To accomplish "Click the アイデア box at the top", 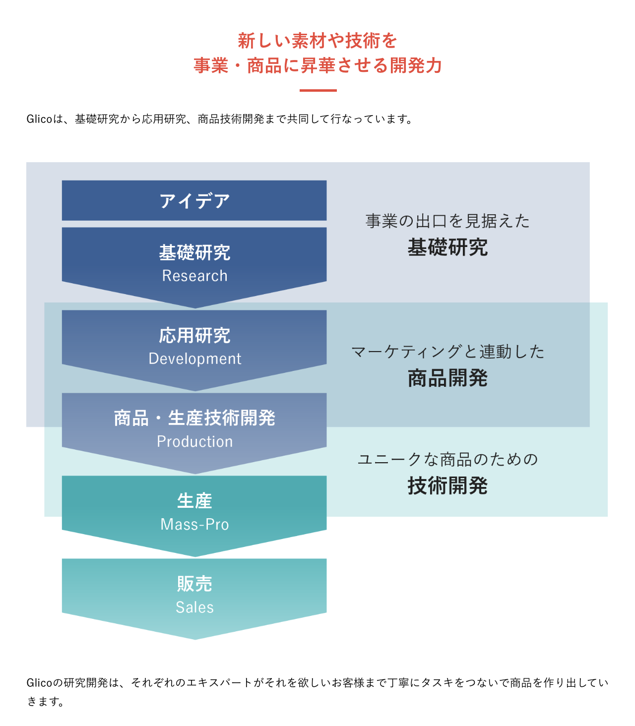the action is (194, 200).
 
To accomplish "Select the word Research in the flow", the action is (194, 276).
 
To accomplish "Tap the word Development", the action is (194, 359).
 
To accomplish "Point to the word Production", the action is (194, 441).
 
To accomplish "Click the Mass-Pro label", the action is (194, 524).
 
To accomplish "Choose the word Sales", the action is (194, 607).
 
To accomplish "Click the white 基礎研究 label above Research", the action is (194, 252).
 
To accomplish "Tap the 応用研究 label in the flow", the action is (194, 335).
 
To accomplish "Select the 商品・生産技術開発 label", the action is (194, 418).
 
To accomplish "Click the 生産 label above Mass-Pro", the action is (194, 501).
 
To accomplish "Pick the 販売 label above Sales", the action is (194, 584).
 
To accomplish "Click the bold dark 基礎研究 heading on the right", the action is (447, 247).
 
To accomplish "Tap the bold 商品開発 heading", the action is (447, 378).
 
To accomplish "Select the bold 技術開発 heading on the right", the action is (447, 486).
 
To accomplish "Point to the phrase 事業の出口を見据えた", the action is (447, 221).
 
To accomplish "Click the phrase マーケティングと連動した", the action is (447, 352).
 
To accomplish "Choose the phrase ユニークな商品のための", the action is (447, 460).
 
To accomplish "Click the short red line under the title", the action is (318, 90).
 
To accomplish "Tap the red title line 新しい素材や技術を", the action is (317, 41).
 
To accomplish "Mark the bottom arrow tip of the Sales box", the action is (195, 639).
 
